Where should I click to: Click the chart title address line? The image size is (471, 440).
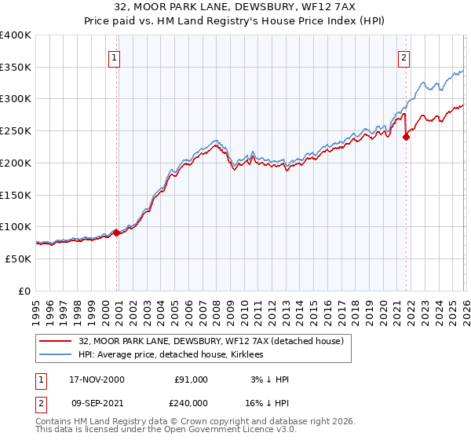point(235,7)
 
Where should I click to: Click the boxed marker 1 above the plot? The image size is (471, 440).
point(115,57)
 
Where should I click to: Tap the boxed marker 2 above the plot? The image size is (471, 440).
point(403,57)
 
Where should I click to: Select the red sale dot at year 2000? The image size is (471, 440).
point(117,233)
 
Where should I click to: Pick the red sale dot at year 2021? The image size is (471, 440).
point(406,137)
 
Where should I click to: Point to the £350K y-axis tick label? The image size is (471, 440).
point(16,67)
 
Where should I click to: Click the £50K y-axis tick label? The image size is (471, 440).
point(19,258)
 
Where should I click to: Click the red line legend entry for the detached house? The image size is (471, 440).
point(210,342)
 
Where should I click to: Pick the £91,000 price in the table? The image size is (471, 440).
point(192,379)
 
